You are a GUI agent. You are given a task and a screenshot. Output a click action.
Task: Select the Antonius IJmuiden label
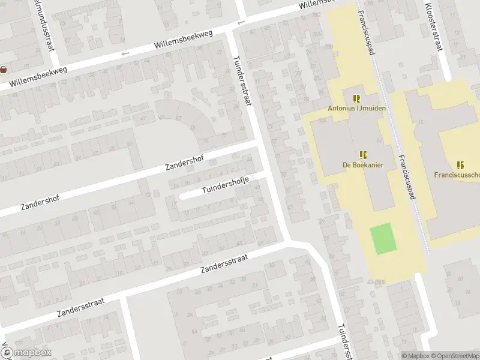click(x=356, y=109)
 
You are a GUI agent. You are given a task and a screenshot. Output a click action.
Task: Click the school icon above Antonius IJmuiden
click(x=357, y=98)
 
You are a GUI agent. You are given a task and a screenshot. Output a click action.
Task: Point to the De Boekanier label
click(x=363, y=164)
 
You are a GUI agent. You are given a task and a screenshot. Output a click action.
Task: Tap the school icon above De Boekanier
click(x=363, y=154)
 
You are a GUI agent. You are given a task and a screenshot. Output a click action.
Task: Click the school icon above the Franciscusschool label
click(x=460, y=164)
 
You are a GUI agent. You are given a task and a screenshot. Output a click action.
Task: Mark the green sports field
click(x=383, y=237)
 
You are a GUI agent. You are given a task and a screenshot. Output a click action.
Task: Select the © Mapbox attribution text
click(x=416, y=356)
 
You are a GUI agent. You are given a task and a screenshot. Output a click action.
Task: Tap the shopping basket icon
click(x=4, y=69)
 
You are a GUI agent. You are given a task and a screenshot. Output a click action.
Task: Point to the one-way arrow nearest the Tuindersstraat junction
click(x=241, y=23)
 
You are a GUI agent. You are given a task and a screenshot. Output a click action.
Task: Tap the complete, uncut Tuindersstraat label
click(x=241, y=82)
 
